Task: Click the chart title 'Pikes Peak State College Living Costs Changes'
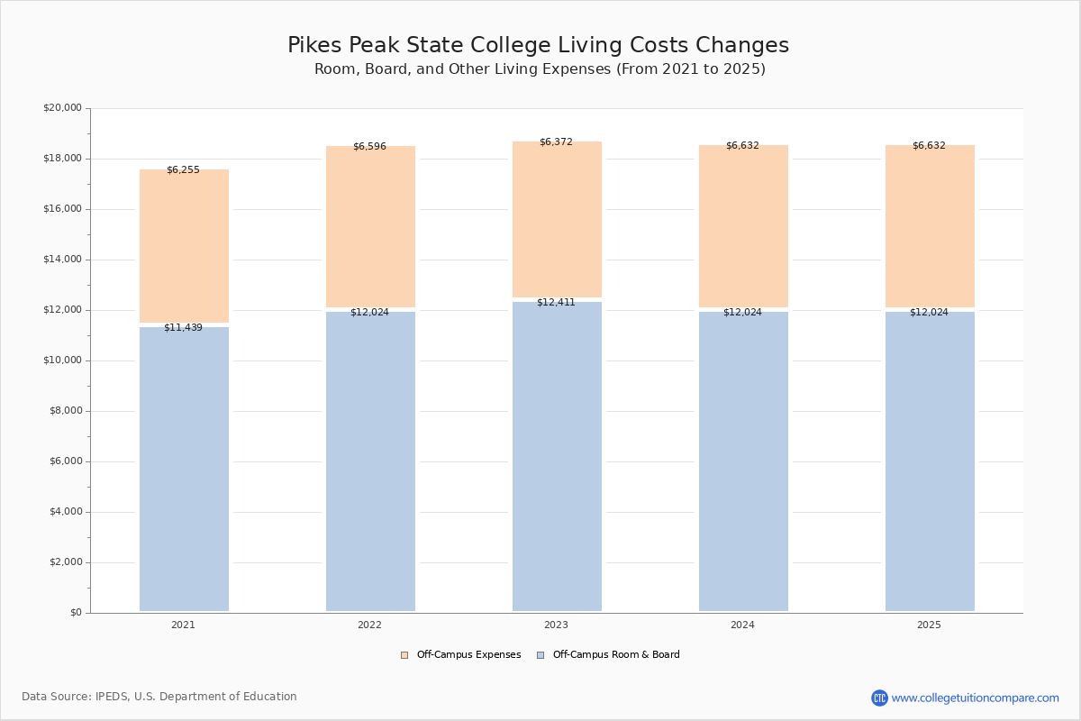[x=538, y=46]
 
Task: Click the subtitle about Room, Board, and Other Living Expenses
[x=540, y=69]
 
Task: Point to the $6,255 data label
[x=183, y=169]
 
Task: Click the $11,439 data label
[x=183, y=327]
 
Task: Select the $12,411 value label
[x=556, y=302]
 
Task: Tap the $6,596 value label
[x=369, y=146]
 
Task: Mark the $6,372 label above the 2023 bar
[x=556, y=141]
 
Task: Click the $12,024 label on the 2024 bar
[x=742, y=312]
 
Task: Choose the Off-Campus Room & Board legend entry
[x=615, y=655]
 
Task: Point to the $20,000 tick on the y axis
[x=62, y=108]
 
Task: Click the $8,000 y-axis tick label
[x=65, y=411]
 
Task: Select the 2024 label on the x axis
[x=742, y=625]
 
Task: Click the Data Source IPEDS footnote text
[x=159, y=697]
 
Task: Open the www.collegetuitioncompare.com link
[x=975, y=698]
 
